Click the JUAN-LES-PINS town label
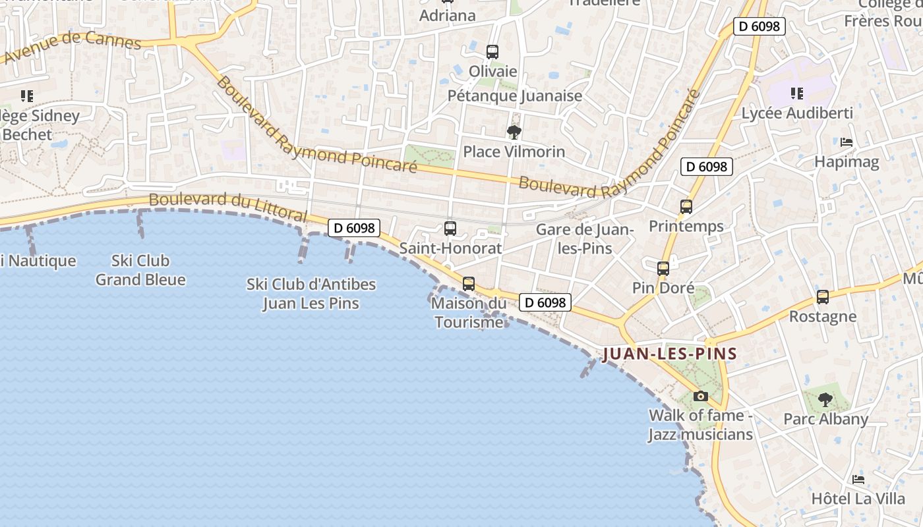coord(669,354)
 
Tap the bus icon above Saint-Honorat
coord(450,229)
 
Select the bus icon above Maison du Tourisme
coord(469,284)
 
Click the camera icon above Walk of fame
coord(701,396)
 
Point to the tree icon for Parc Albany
coord(825,399)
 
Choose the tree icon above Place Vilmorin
coord(514,132)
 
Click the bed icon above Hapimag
coord(847,142)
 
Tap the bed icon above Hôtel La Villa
coord(858,480)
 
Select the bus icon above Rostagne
coord(823,297)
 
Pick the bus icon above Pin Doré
coord(663,269)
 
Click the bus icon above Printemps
coord(686,207)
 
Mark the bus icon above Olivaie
coord(492,52)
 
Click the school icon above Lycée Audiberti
coord(797,94)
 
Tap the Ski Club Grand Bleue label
coord(140,270)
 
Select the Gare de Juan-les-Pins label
coord(585,239)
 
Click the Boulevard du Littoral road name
coord(228,207)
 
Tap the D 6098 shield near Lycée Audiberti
coord(759,26)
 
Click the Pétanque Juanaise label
coord(515,96)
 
